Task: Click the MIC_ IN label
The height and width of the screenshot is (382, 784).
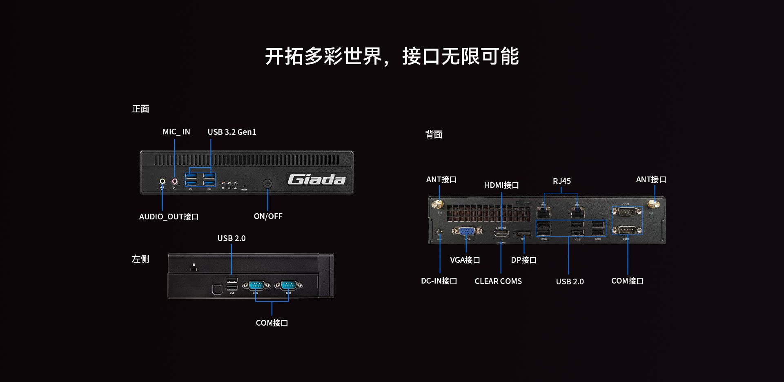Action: click(x=176, y=132)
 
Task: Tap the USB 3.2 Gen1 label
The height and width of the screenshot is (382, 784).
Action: click(x=232, y=132)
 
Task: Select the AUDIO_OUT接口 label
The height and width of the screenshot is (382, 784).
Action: click(x=169, y=217)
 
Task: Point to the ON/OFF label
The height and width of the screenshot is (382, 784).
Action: click(x=268, y=216)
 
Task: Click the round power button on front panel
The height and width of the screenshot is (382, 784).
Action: click(x=267, y=183)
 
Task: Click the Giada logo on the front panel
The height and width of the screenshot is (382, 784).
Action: click(x=316, y=179)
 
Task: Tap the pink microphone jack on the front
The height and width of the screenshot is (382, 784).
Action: click(x=175, y=181)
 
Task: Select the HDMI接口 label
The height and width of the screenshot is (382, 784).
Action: click(x=501, y=185)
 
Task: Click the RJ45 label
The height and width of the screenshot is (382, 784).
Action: click(x=561, y=181)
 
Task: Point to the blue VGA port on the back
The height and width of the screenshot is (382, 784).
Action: click(x=467, y=231)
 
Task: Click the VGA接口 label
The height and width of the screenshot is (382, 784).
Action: click(x=465, y=260)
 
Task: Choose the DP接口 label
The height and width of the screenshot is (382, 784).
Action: click(x=523, y=260)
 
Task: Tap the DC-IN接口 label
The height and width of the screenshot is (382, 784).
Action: click(x=439, y=281)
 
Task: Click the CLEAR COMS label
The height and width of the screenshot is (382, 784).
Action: click(x=498, y=281)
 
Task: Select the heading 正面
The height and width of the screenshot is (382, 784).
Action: click(x=140, y=109)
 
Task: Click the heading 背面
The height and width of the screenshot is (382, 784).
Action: click(x=434, y=134)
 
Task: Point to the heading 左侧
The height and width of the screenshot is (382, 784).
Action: click(x=140, y=259)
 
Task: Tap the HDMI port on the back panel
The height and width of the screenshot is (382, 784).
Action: click(x=501, y=234)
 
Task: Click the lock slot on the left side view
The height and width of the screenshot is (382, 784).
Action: click(x=194, y=268)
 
